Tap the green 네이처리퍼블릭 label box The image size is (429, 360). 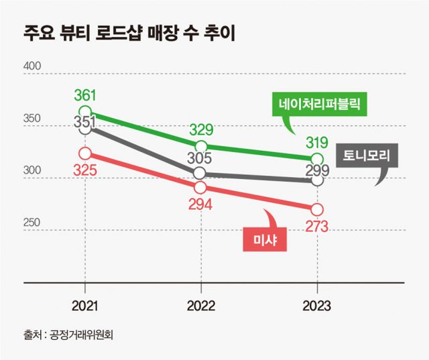(x=320, y=105)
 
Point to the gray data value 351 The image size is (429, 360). (x=84, y=123)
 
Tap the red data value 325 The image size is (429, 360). (x=84, y=170)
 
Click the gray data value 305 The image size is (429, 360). (x=200, y=159)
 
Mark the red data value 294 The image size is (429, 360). (x=200, y=204)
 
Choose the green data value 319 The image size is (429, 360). (x=316, y=142)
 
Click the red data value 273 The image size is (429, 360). (x=317, y=226)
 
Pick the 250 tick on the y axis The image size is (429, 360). (x=32, y=223)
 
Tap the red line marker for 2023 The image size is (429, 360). (x=317, y=209)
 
